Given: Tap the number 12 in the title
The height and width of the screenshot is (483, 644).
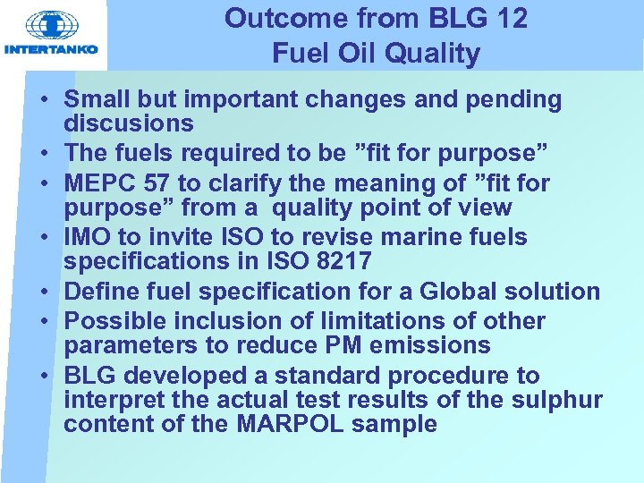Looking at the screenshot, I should pyautogui.click(x=509, y=18).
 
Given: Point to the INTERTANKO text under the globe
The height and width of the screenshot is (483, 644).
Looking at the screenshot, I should pyautogui.click(x=52, y=49).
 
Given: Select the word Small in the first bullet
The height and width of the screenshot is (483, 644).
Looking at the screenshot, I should pyautogui.click(x=97, y=99).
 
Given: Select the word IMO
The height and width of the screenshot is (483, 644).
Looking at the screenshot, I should pyautogui.click(x=88, y=238).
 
